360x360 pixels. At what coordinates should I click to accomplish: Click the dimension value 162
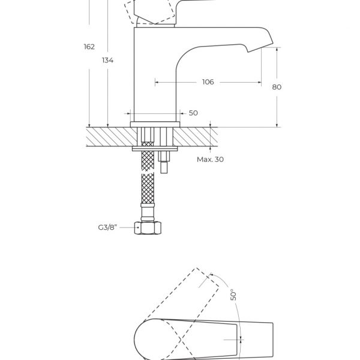click(x=89, y=47)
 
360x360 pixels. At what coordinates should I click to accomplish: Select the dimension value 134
click(x=107, y=61)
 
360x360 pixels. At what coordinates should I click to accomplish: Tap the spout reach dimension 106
click(x=208, y=82)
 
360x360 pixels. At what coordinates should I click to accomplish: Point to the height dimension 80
click(x=277, y=87)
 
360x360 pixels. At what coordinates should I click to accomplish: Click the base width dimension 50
click(x=193, y=113)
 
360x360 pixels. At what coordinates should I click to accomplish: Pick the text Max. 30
click(x=211, y=160)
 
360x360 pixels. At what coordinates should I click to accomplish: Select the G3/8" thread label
click(x=107, y=227)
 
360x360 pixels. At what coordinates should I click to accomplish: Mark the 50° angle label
click(x=233, y=295)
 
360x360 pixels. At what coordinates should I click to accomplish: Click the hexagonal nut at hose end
click(x=148, y=228)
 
